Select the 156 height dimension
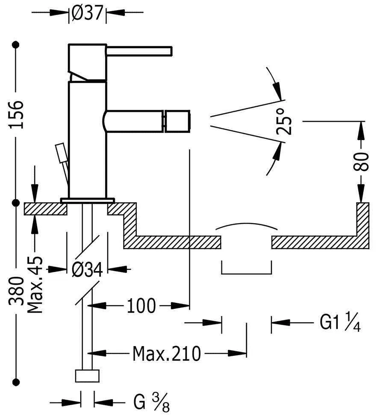click(16, 115)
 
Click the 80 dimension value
click(362, 161)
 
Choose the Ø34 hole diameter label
click(87, 270)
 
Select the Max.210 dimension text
click(167, 353)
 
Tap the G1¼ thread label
click(340, 322)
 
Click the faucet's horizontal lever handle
click(139, 51)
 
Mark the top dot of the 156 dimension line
click(16, 45)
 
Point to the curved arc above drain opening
click(247, 225)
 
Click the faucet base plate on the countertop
click(88, 200)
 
